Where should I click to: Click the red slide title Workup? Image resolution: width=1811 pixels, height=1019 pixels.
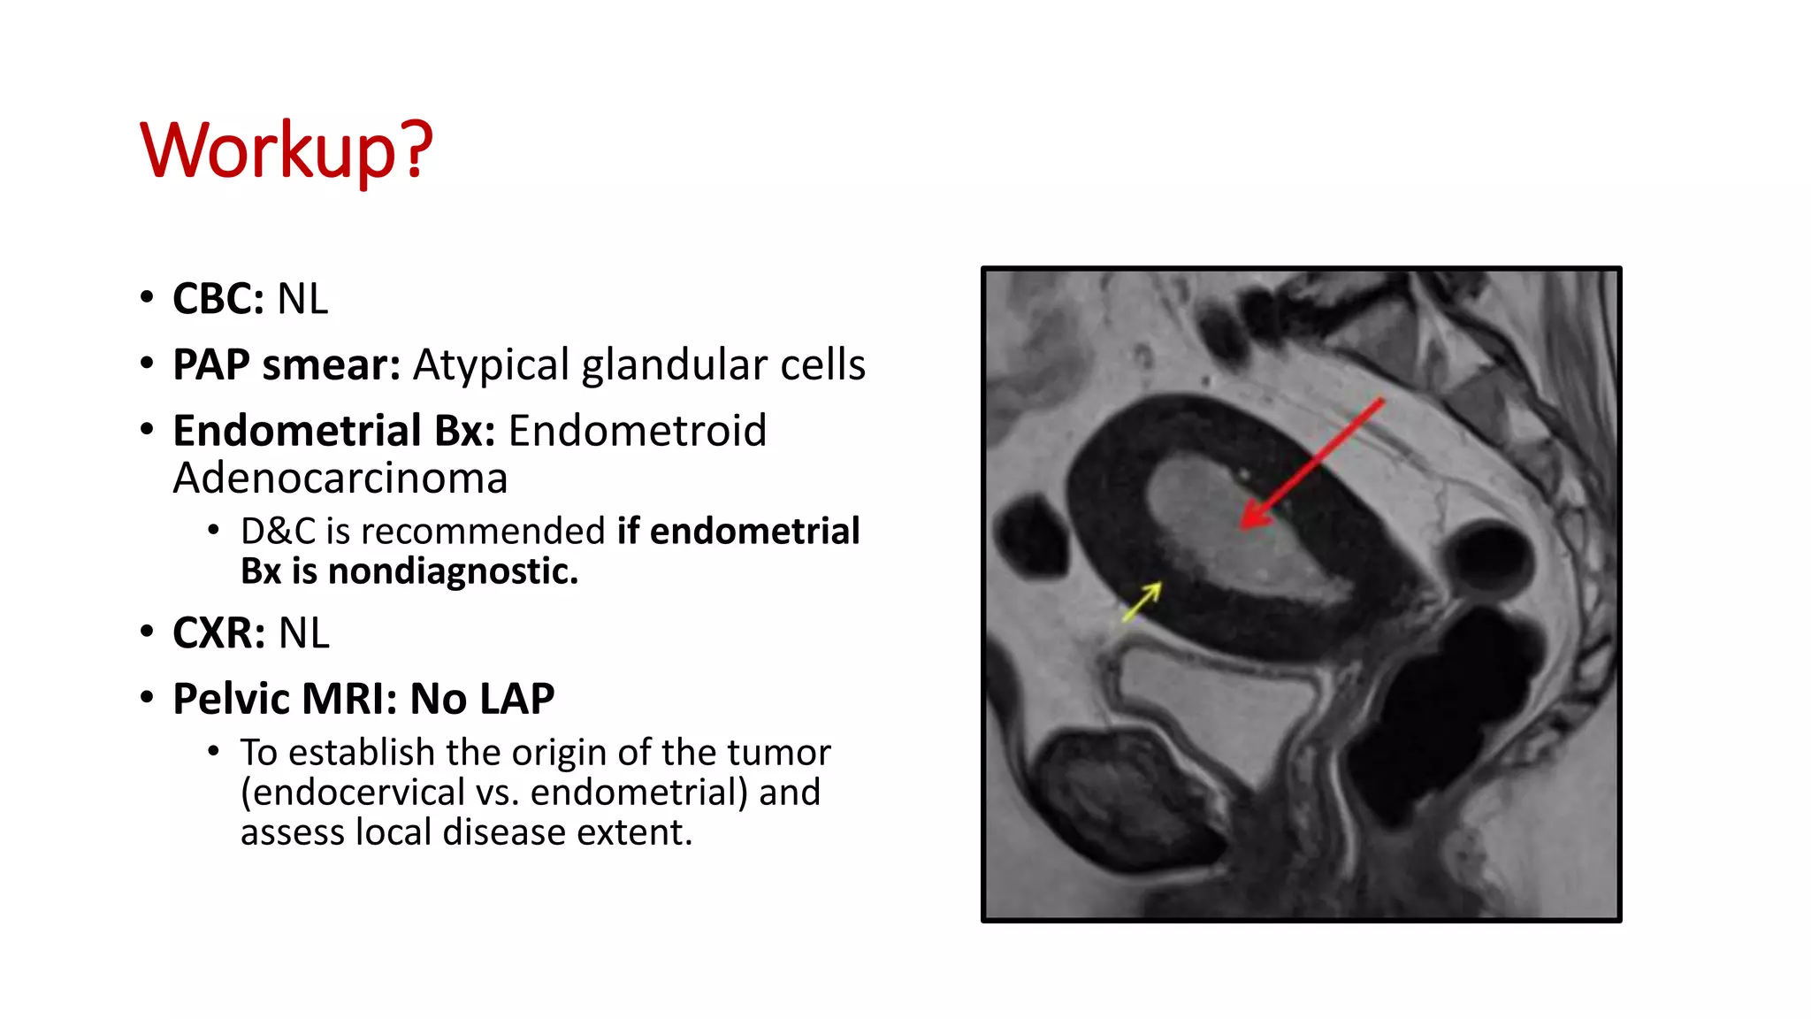287,150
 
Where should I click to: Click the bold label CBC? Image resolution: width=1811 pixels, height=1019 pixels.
218,299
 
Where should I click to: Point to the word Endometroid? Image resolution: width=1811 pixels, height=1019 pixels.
637,431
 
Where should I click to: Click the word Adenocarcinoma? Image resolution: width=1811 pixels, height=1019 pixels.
340,479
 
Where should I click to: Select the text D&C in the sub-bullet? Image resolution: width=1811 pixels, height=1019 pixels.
277,532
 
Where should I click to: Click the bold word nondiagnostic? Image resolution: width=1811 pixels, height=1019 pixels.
453,571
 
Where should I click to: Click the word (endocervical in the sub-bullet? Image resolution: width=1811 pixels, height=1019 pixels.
353,793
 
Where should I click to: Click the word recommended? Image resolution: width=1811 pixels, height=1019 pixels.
484,532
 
